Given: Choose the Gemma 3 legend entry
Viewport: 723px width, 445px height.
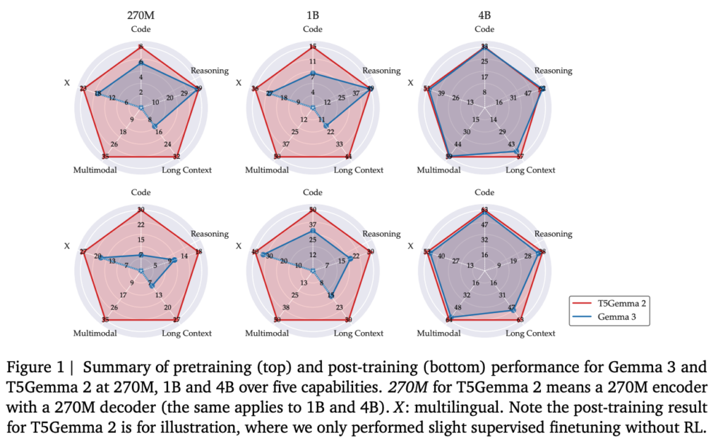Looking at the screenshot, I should [616, 318].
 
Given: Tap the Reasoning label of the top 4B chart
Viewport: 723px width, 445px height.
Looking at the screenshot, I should [553, 71].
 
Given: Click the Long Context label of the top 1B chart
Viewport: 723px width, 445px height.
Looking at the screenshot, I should [359, 170].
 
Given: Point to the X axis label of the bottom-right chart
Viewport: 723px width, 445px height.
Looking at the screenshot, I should [410, 247].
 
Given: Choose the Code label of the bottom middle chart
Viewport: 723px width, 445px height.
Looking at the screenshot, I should [312, 192].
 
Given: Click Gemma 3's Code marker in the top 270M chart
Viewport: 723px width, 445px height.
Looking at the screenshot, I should [141, 63].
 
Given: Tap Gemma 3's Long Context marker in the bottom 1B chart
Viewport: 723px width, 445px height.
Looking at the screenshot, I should [331, 297].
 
